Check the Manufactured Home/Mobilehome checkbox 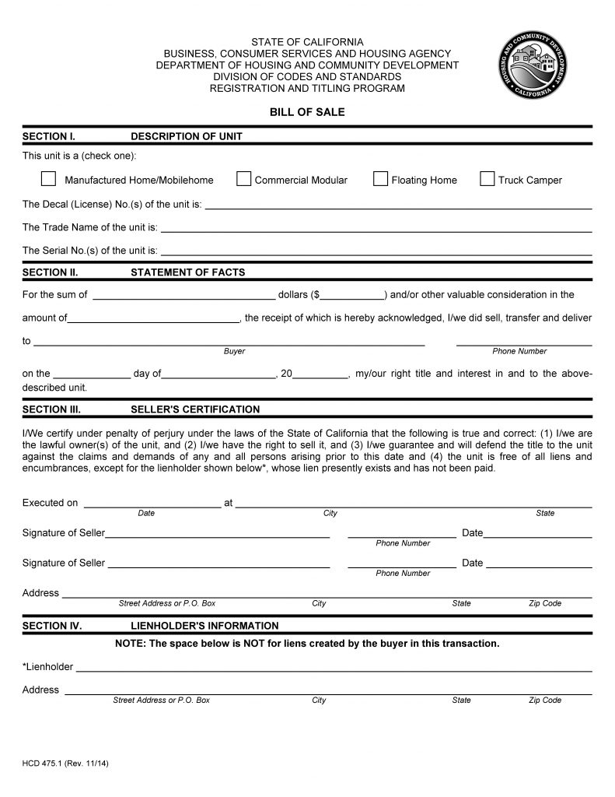48,179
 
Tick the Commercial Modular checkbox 243,179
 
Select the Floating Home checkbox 380,179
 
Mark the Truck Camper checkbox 487,179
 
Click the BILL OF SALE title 307,112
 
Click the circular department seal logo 533,65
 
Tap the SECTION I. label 49,136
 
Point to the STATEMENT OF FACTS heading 187,272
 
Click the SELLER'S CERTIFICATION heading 195,409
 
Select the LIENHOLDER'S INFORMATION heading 204,626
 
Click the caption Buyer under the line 234,351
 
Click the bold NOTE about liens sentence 307,644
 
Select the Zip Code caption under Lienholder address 545,700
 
